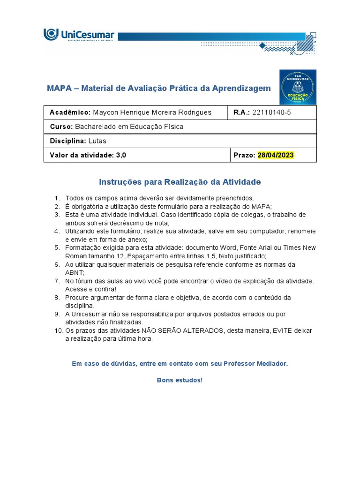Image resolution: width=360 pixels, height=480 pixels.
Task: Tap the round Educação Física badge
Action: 298,87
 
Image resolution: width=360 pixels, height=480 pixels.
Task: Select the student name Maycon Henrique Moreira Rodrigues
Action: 152,112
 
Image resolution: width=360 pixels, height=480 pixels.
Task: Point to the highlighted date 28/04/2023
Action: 276,155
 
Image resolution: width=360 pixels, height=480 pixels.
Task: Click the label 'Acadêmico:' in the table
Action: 70,112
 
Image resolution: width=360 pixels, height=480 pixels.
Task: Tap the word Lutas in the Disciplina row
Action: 97,141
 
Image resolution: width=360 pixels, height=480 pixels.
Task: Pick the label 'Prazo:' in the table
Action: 244,155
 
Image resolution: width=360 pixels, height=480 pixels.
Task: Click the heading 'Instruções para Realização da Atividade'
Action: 180,182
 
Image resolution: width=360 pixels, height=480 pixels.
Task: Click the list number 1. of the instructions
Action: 57,198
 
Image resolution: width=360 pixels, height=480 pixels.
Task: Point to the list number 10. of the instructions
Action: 58,330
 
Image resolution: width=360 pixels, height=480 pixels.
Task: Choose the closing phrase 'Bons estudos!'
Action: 180,380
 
